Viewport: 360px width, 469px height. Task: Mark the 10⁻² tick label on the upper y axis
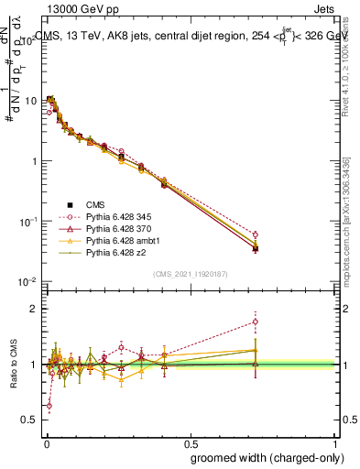(x=27, y=282)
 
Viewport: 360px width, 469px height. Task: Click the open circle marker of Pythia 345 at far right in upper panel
(x=255, y=234)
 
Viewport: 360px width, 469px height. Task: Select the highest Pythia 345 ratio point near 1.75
(x=255, y=322)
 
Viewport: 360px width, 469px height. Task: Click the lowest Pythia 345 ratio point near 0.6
(x=49, y=405)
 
